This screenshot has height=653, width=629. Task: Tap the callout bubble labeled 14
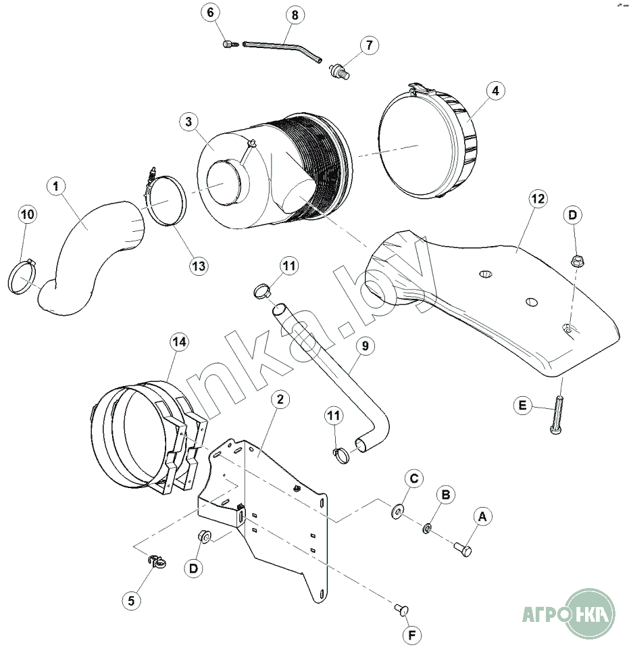click(x=178, y=342)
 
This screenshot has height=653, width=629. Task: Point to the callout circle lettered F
click(x=411, y=635)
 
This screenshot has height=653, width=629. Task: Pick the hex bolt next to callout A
click(x=463, y=547)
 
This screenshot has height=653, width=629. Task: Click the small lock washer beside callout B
click(x=427, y=527)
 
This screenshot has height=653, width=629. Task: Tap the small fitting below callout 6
click(x=228, y=44)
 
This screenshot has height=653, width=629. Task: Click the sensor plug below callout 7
click(x=338, y=69)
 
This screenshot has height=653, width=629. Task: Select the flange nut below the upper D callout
click(x=577, y=260)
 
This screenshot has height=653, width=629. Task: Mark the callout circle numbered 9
click(x=364, y=347)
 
